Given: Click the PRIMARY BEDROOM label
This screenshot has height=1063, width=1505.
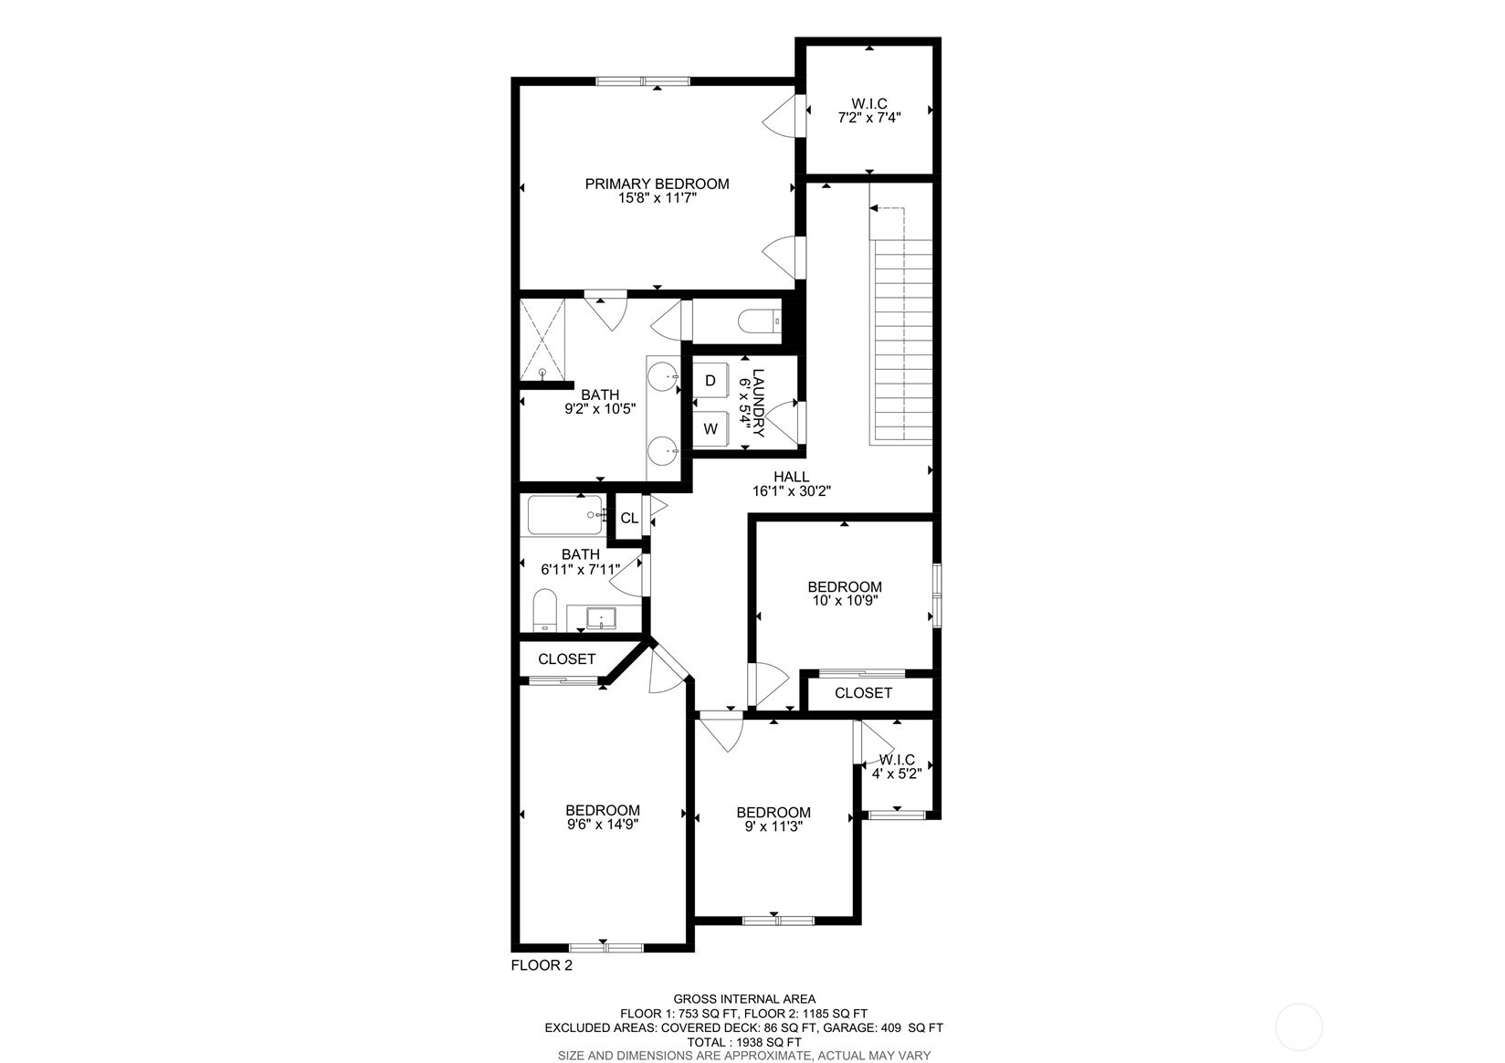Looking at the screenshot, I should coord(657,184).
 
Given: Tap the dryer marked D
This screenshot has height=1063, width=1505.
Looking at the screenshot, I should coord(710,381).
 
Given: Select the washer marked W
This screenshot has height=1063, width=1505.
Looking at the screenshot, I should coord(710,428).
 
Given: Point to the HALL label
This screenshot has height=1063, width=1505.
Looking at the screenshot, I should coord(791,477).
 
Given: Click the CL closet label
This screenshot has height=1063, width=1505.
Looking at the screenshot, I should coord(629,519).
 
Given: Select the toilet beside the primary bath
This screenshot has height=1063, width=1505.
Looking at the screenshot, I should coord(757,321).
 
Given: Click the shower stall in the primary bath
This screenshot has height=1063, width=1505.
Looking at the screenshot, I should coord(542,340).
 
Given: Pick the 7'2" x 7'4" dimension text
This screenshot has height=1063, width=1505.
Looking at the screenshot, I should coord(869,118).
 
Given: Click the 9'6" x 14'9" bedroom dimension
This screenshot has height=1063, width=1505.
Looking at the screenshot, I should coord(602,824).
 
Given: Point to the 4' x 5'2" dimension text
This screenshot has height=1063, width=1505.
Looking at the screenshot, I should coord(896,773).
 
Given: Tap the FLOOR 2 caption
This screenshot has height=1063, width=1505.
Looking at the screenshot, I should coord(542,965).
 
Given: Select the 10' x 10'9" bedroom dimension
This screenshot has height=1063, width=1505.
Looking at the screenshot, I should coord(845,601).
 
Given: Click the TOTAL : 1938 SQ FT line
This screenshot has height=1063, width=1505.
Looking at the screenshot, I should coord(744,1041).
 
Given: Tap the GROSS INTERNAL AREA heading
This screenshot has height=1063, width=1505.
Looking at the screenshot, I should coord(744,999).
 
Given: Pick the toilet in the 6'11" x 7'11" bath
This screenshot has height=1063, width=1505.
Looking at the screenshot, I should coord(544,609).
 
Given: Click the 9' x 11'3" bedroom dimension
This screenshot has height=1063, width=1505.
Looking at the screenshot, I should coord(774,826).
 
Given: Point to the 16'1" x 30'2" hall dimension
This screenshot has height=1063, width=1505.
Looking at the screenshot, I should coord(791,490).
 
